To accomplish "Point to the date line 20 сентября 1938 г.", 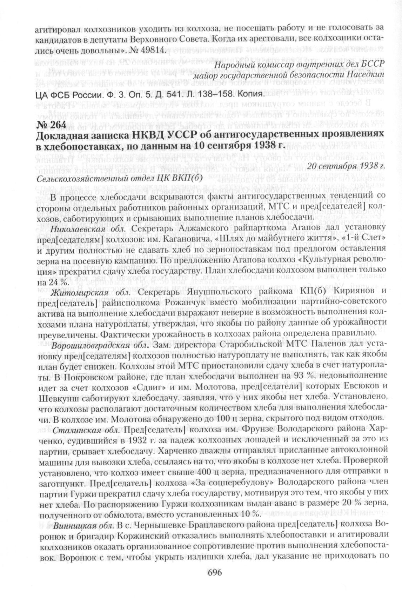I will [x=346, y=165].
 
